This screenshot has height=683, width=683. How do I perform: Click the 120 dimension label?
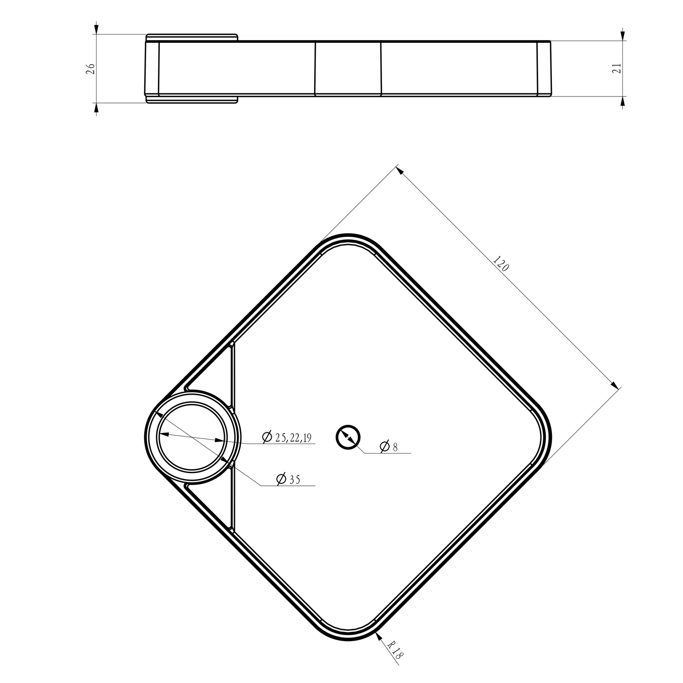[501, 264]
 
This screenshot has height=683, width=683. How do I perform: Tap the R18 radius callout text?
[396, 650]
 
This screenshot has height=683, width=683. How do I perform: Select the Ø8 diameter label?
[388, 447]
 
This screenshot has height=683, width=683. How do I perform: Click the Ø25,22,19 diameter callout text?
[287, 438]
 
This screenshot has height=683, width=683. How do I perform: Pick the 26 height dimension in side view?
[91, 69]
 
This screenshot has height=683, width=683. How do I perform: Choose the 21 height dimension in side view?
[617, 68]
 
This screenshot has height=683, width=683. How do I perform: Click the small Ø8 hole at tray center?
[348, 438]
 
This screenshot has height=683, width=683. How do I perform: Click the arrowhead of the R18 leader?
[379, 635]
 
